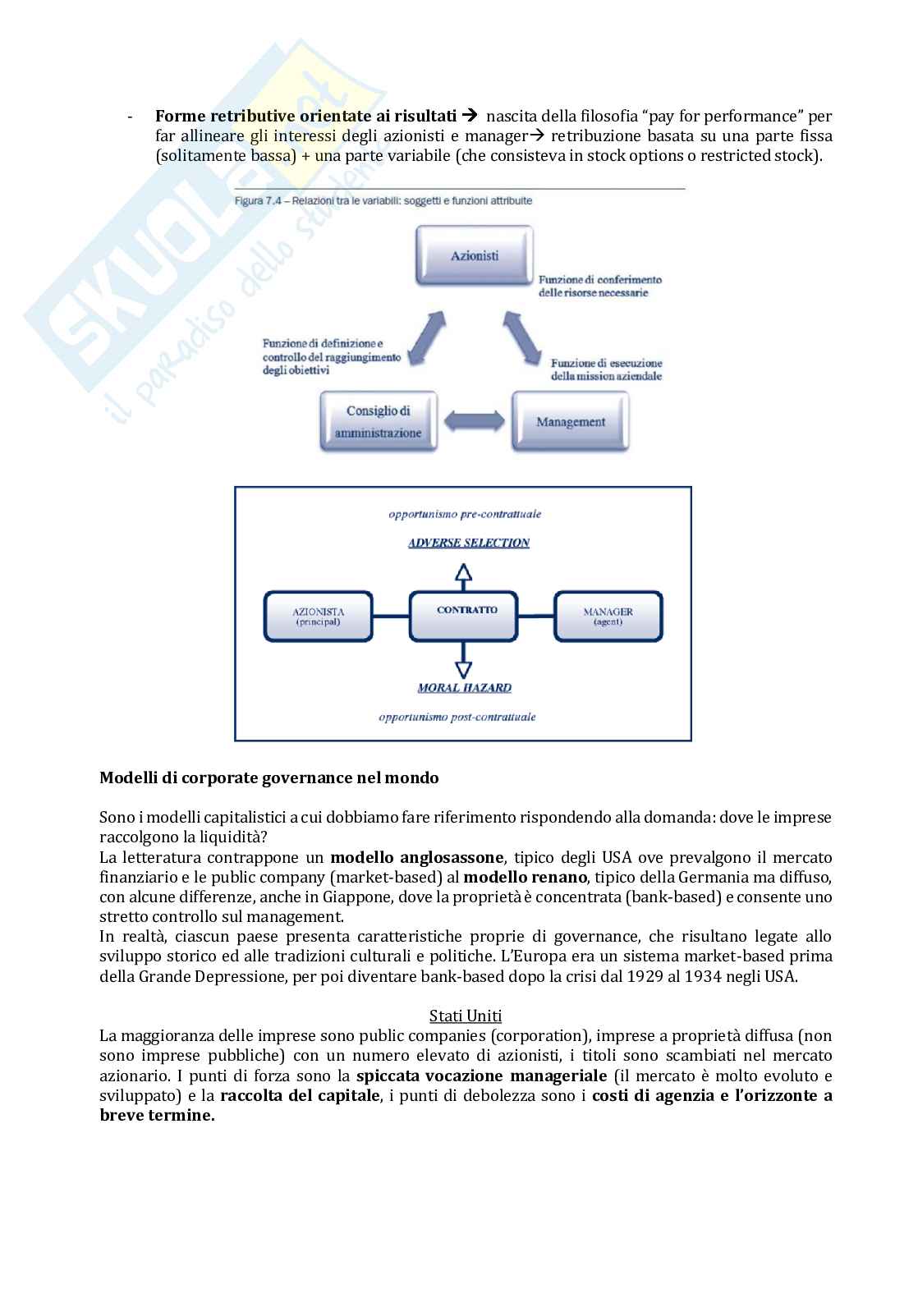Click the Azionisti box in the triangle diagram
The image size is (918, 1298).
(475, 255)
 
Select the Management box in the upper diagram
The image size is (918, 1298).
(570, 422)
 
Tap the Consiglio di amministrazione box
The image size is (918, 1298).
(378, 422)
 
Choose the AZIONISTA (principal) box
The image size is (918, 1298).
(318, 616)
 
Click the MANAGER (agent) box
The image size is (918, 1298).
(608, 616)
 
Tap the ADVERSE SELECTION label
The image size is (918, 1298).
(468, 543)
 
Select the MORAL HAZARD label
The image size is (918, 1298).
(464, 687)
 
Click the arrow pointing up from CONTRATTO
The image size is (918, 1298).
(464, 572)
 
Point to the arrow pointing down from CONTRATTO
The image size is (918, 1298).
(464, 658)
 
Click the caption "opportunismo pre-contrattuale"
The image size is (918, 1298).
(465, 514)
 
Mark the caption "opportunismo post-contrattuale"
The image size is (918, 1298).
(457, 717)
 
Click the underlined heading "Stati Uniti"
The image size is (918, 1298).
(466, 1016)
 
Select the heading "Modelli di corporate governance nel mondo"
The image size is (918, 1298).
(269, 777)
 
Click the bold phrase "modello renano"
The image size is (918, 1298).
(526, 877)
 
